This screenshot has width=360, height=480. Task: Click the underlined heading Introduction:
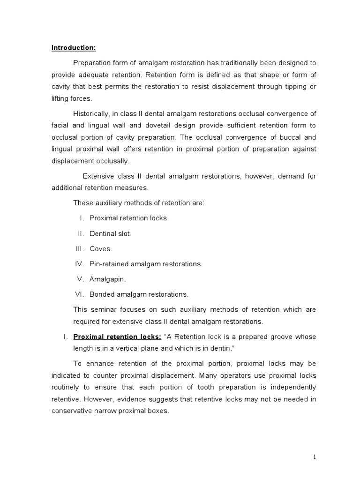[74, 48]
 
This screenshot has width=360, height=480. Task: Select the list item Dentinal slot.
[111, 234]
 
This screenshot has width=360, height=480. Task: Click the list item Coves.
[101, 249]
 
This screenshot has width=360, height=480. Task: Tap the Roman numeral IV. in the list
[80, 264]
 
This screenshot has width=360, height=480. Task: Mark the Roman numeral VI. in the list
[79, 294]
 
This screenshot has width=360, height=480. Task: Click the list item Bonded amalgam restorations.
[139, 294]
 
